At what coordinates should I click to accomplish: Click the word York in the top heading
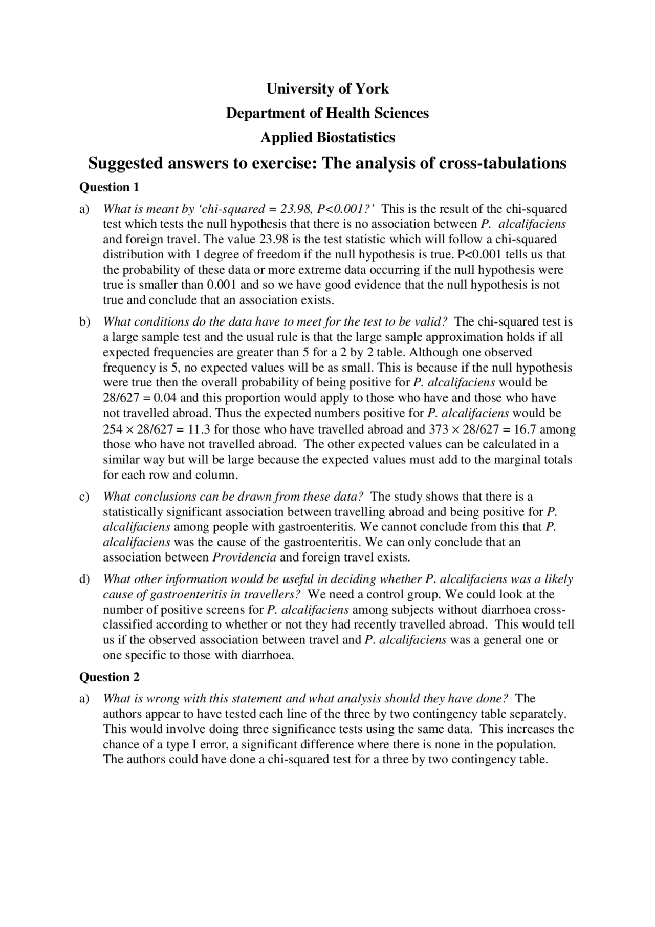click(x=372, y=89)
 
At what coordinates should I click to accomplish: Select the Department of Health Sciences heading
click(x=327, y=113)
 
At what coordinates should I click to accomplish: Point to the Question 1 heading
click(x=109, y=187)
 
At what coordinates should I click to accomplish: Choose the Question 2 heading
click(x=109, y=677)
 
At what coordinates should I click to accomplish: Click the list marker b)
click(x=84, y=322)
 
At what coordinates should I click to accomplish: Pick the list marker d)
click(x=84, y=579)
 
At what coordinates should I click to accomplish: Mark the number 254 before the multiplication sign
click(x=113, y=429)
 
